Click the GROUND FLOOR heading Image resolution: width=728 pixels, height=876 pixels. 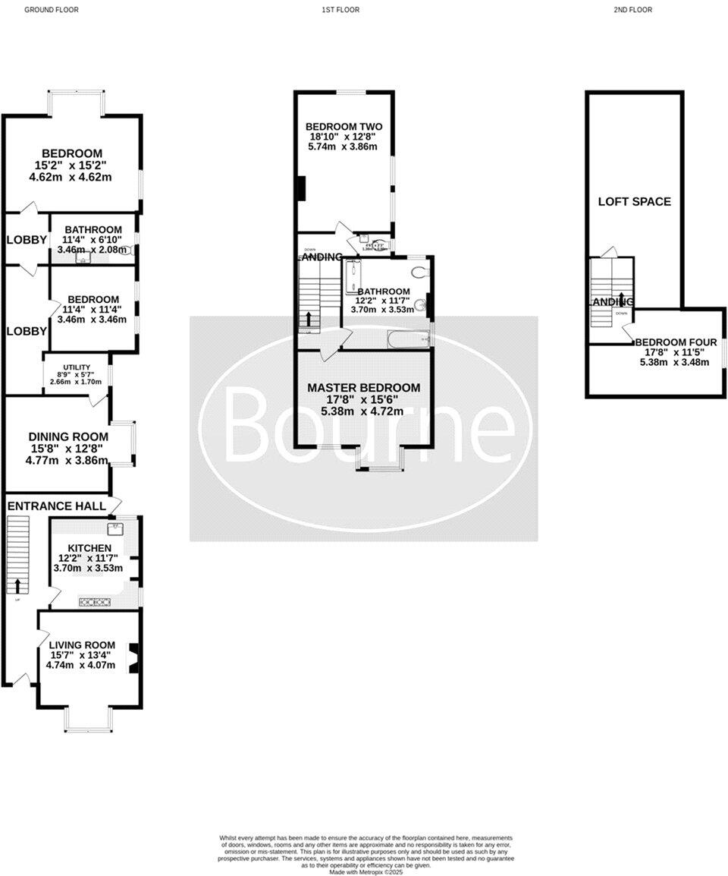coord(52,10)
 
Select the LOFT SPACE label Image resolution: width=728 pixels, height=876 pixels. coord(635,201)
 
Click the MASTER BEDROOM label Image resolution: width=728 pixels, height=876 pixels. coord(363,388)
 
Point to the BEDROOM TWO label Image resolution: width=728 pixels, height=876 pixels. coord(344,127)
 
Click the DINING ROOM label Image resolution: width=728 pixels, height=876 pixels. coord(68,437)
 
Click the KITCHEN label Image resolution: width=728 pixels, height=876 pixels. coord(89,548)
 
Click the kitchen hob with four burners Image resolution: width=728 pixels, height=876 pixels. coord(95,603)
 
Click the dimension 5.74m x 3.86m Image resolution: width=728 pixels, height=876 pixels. coord(343,147)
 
